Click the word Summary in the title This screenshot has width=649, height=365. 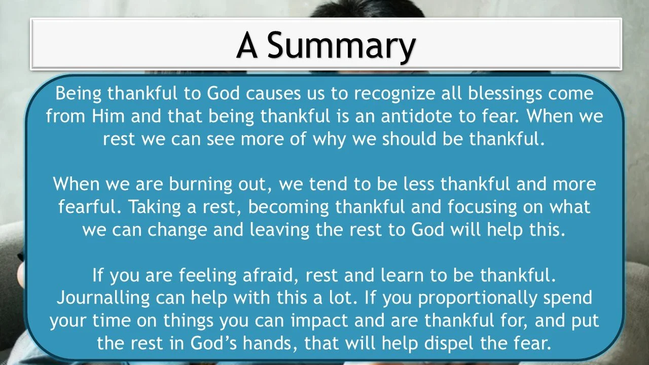coord(341,46)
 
